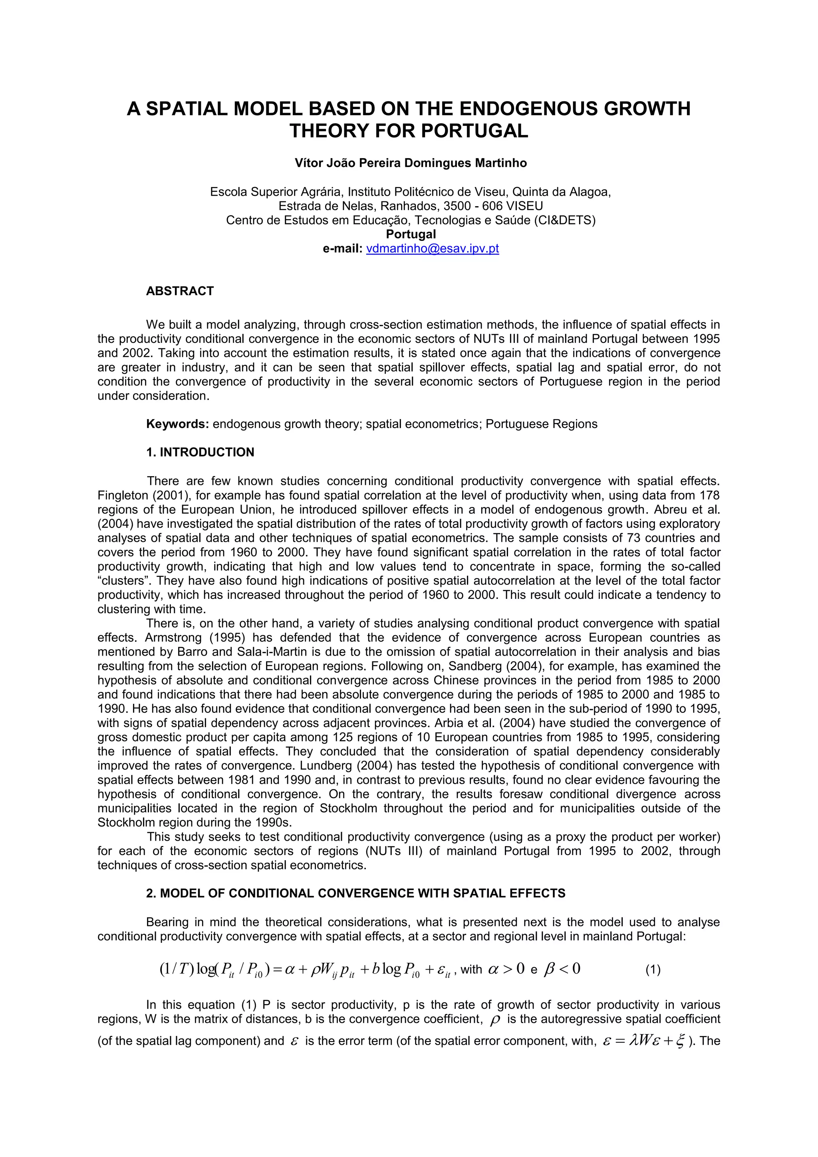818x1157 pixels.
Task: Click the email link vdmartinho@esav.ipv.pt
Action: [x=432, y=248]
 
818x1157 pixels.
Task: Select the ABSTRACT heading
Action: [x=180, y=291]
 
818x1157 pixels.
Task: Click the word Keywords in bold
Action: [x=177, y=424]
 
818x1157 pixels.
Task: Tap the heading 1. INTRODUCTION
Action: [x=200, y=452]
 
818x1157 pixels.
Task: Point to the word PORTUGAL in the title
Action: [x=475, y=131]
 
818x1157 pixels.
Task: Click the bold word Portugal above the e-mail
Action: [x=411, y=235]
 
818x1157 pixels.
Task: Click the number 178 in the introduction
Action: [x=710, y=495]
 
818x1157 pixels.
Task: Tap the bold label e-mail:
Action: [x=343, y=248]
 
